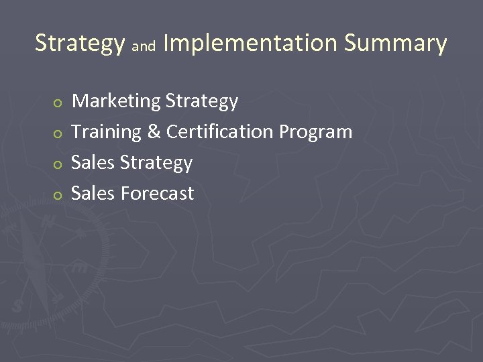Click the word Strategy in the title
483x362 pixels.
click(x=79, y=44)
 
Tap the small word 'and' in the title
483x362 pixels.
click(x=144, y=47)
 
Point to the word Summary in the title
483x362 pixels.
click(x=395, y=44)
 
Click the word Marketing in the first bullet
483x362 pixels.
click(x=116, y=101)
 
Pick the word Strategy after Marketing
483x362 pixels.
click(x=201, y=102)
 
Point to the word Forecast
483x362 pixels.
click(x=158, y=194)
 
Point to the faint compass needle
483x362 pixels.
click(x=34, y=268)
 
